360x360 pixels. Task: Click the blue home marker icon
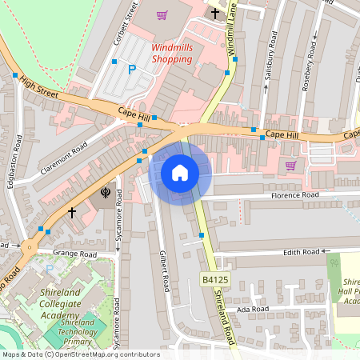coord(180,172)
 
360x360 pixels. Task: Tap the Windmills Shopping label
coord(172,53)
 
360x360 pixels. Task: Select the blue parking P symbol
coord(132,70)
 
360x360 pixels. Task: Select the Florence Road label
coord(294,194)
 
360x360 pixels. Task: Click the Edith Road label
coord(299,252)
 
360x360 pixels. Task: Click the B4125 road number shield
coord(215,279)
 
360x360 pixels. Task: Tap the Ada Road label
coord(252,308)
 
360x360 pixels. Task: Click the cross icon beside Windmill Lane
coord(214,13)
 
